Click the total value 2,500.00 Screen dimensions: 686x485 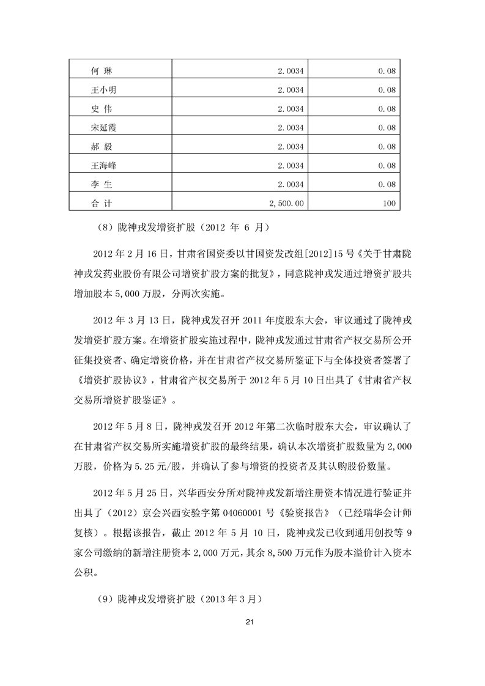tap(288, 202)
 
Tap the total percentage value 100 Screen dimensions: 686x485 tap(389, 202)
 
